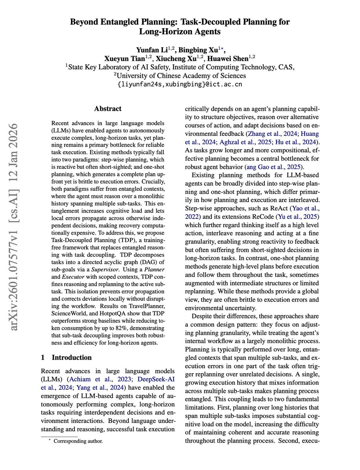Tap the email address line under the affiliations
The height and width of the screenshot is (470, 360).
pyautogui.click(x=180, y=84)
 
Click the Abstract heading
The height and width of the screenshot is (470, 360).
pyautogui.click(x=108, y=108)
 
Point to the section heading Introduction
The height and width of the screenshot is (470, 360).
pyautogui.click(x=72, y=357)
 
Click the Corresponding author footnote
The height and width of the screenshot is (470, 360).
pyautogui.click(x=78, y=441)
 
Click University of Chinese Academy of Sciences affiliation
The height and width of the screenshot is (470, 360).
pyautogui.click(x=180, y=75)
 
